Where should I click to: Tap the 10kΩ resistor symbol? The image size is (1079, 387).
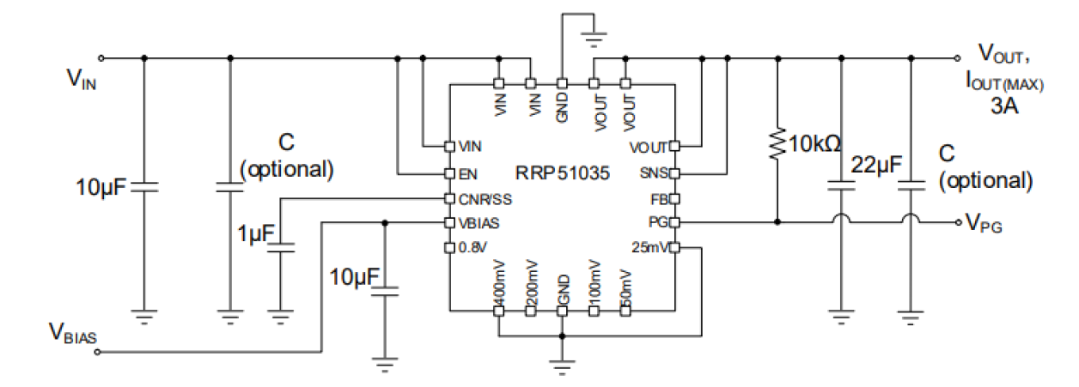coord(777,144)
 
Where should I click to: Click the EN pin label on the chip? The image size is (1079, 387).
coord(468,173)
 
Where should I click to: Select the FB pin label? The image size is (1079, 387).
coord(658,199)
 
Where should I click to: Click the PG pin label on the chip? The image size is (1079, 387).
coord(657,223)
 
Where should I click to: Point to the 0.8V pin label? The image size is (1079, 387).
coord(473,249)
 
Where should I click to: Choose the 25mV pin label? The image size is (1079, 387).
coord(649,249)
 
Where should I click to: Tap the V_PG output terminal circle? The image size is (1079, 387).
coord(959,223)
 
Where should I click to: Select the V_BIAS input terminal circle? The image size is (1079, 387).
coord(102,352)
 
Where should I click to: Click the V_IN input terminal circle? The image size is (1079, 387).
coord(102,58)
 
